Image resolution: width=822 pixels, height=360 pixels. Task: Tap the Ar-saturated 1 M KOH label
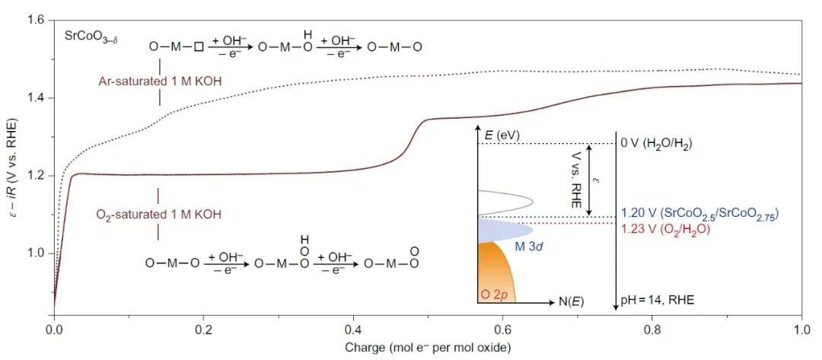[x=160, y=80]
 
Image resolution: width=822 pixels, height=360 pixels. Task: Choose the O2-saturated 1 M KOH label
[x=160, y=215]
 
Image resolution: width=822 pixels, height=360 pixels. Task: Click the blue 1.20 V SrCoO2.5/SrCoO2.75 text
[x=699, y=212]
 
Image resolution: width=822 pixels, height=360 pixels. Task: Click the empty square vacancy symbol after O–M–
[x=199, y=47]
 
